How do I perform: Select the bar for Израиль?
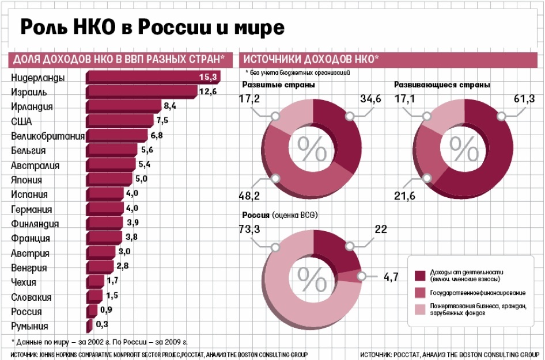pos(141,91)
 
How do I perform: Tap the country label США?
pos(22,121)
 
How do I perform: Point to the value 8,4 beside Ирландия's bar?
pos(170,106)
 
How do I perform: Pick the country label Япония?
pos(27,179)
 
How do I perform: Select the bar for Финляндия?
pos(104,224)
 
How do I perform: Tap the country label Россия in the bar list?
pos(27,312)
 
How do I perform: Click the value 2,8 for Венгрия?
pos(123,267)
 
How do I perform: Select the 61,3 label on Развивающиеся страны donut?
pos(523,98)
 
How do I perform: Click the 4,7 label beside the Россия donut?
pos(392,277)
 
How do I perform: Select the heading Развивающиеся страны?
pos(442,85)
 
